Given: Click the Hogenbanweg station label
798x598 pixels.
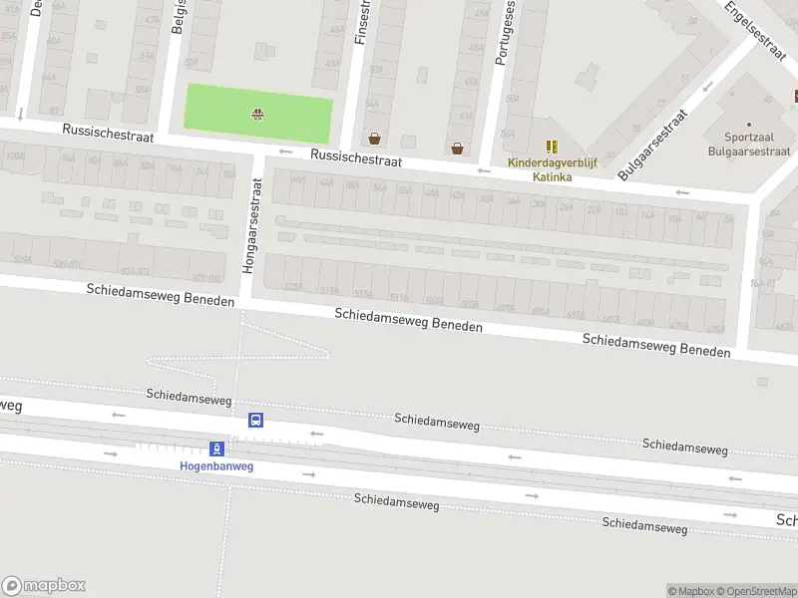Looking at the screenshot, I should tap(216, 466).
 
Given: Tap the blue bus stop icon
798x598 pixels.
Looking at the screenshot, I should tap(255, 420).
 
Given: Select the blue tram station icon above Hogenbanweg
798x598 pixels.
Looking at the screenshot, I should tap(216, 448).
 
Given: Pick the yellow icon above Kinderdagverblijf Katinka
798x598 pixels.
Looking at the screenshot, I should tap(552, 147).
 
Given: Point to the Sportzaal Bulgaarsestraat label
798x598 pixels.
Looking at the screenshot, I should tap(749, 144).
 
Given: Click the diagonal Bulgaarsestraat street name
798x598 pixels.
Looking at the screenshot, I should tap(653, 146).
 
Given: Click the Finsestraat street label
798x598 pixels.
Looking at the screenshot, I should tap(364, 23).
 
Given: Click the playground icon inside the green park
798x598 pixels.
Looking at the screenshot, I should tap(258, 115).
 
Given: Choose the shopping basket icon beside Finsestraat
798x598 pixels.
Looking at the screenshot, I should tap(375, 139).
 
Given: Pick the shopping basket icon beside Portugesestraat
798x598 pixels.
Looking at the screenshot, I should tap(457, 149).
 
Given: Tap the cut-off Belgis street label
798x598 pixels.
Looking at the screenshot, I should tap(179, 18).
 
